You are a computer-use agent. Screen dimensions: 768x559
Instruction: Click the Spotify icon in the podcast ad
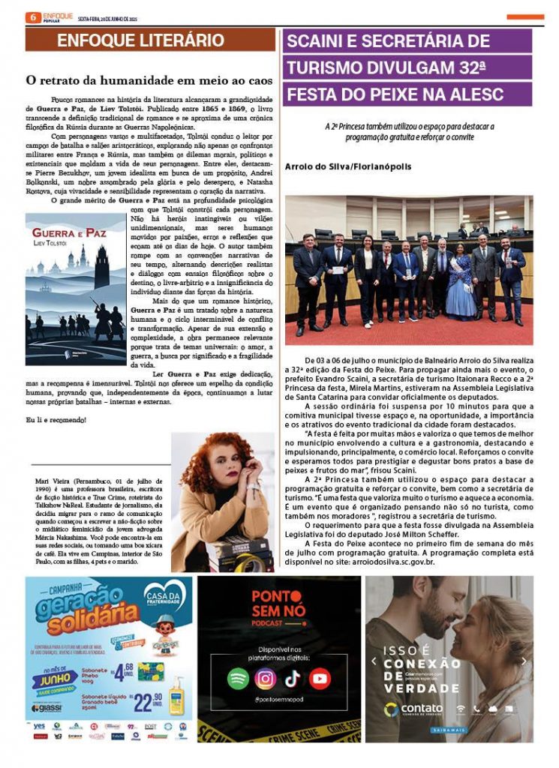pos(239,678)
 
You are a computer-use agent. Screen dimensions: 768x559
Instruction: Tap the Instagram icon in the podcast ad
pos(265,678)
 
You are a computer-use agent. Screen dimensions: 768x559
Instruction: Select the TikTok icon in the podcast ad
pos(293,678)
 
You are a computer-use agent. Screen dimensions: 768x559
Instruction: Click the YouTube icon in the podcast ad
pos(320,678)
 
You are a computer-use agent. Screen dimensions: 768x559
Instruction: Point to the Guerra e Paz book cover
pos(76,278)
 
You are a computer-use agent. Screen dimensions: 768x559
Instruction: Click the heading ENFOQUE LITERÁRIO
pos(140,40)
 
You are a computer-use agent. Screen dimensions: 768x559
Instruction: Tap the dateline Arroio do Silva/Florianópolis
pos(348,166)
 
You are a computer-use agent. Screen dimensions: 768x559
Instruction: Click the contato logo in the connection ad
pos(412,709)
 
